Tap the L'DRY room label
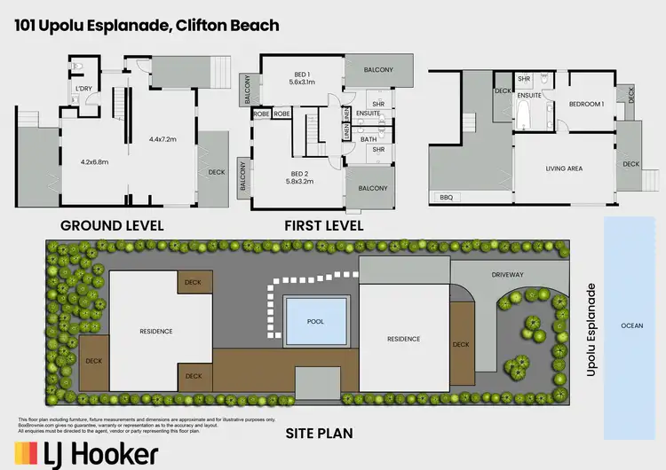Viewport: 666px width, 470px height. [84, 89]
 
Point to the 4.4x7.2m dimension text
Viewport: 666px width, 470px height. [164, 139]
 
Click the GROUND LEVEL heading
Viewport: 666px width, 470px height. [112, 225]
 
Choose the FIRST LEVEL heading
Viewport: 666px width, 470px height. [324, 225]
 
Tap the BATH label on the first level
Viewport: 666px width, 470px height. [369, 138]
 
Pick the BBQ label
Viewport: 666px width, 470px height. [446, 197]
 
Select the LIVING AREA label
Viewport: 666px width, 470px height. [563, 167]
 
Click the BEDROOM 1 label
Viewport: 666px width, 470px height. [586, 104]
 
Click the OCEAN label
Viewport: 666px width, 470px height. [630, 325]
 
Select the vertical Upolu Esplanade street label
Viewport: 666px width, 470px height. [591, 330]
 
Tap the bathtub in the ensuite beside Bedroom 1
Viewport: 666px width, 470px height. [523, 115]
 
